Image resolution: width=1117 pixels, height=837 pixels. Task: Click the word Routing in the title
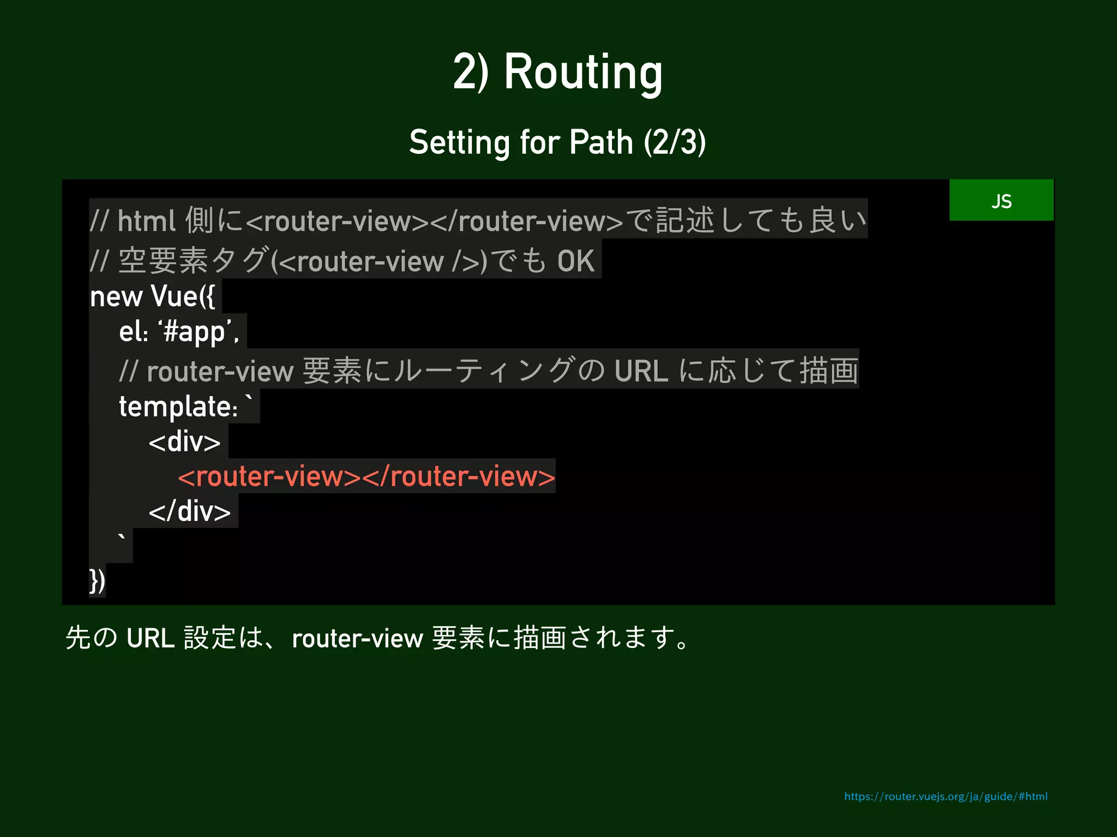click(583, 72)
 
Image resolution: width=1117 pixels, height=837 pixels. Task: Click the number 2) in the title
click(471, 72)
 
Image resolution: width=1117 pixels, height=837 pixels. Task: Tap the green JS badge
click(1001, 201)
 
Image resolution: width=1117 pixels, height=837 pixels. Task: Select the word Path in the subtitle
click(600, 143)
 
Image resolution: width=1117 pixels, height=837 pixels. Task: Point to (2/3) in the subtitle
click(675, 143)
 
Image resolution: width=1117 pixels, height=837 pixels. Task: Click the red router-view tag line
click(366, 477)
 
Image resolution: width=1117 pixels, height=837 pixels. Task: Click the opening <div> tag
click(184, 441)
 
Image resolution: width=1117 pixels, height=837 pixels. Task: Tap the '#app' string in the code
click(195, 332)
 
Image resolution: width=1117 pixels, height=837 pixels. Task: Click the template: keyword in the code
click(178, 407)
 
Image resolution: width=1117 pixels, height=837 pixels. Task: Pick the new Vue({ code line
click(153, 297)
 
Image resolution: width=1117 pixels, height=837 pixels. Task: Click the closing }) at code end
click(97, 581)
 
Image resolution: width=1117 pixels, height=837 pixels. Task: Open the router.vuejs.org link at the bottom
click(945, 797)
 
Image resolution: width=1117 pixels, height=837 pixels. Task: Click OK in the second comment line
click(575, 261)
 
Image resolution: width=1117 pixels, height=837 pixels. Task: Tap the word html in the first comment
click(146, 221)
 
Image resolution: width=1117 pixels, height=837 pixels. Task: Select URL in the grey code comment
click(641, 372)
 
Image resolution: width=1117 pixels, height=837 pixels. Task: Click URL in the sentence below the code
click(151, 638)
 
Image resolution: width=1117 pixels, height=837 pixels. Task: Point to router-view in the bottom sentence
click(357, 639)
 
